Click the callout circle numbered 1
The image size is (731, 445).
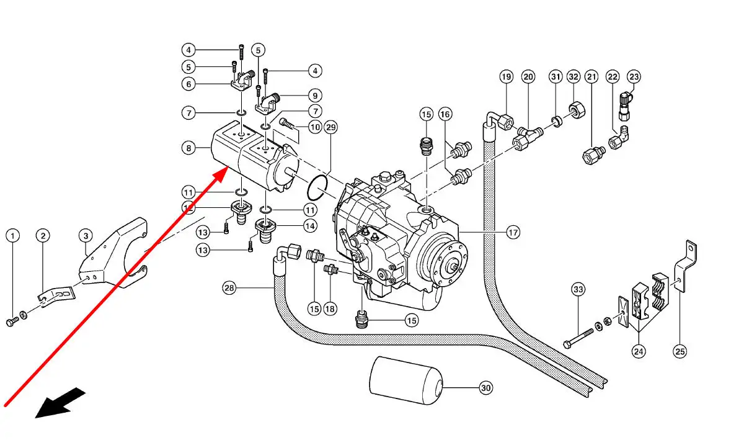click(13, 236)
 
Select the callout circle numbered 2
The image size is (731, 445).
click(42, 236)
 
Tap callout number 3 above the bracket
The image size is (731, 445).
click(86, 236)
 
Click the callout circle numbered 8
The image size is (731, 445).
click(188, 148)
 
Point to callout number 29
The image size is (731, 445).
click(330, 128)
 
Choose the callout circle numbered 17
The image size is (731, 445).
click(512, 233)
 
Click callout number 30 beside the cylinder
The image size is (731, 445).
click(485, 388)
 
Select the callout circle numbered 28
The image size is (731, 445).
click(230, 287)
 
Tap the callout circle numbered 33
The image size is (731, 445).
click(578, 289)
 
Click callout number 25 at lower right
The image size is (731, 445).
click(680, 351)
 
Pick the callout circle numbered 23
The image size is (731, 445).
click(634, 77)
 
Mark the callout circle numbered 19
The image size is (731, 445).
click(507, 77)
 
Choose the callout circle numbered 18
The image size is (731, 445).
click(330, 308)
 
